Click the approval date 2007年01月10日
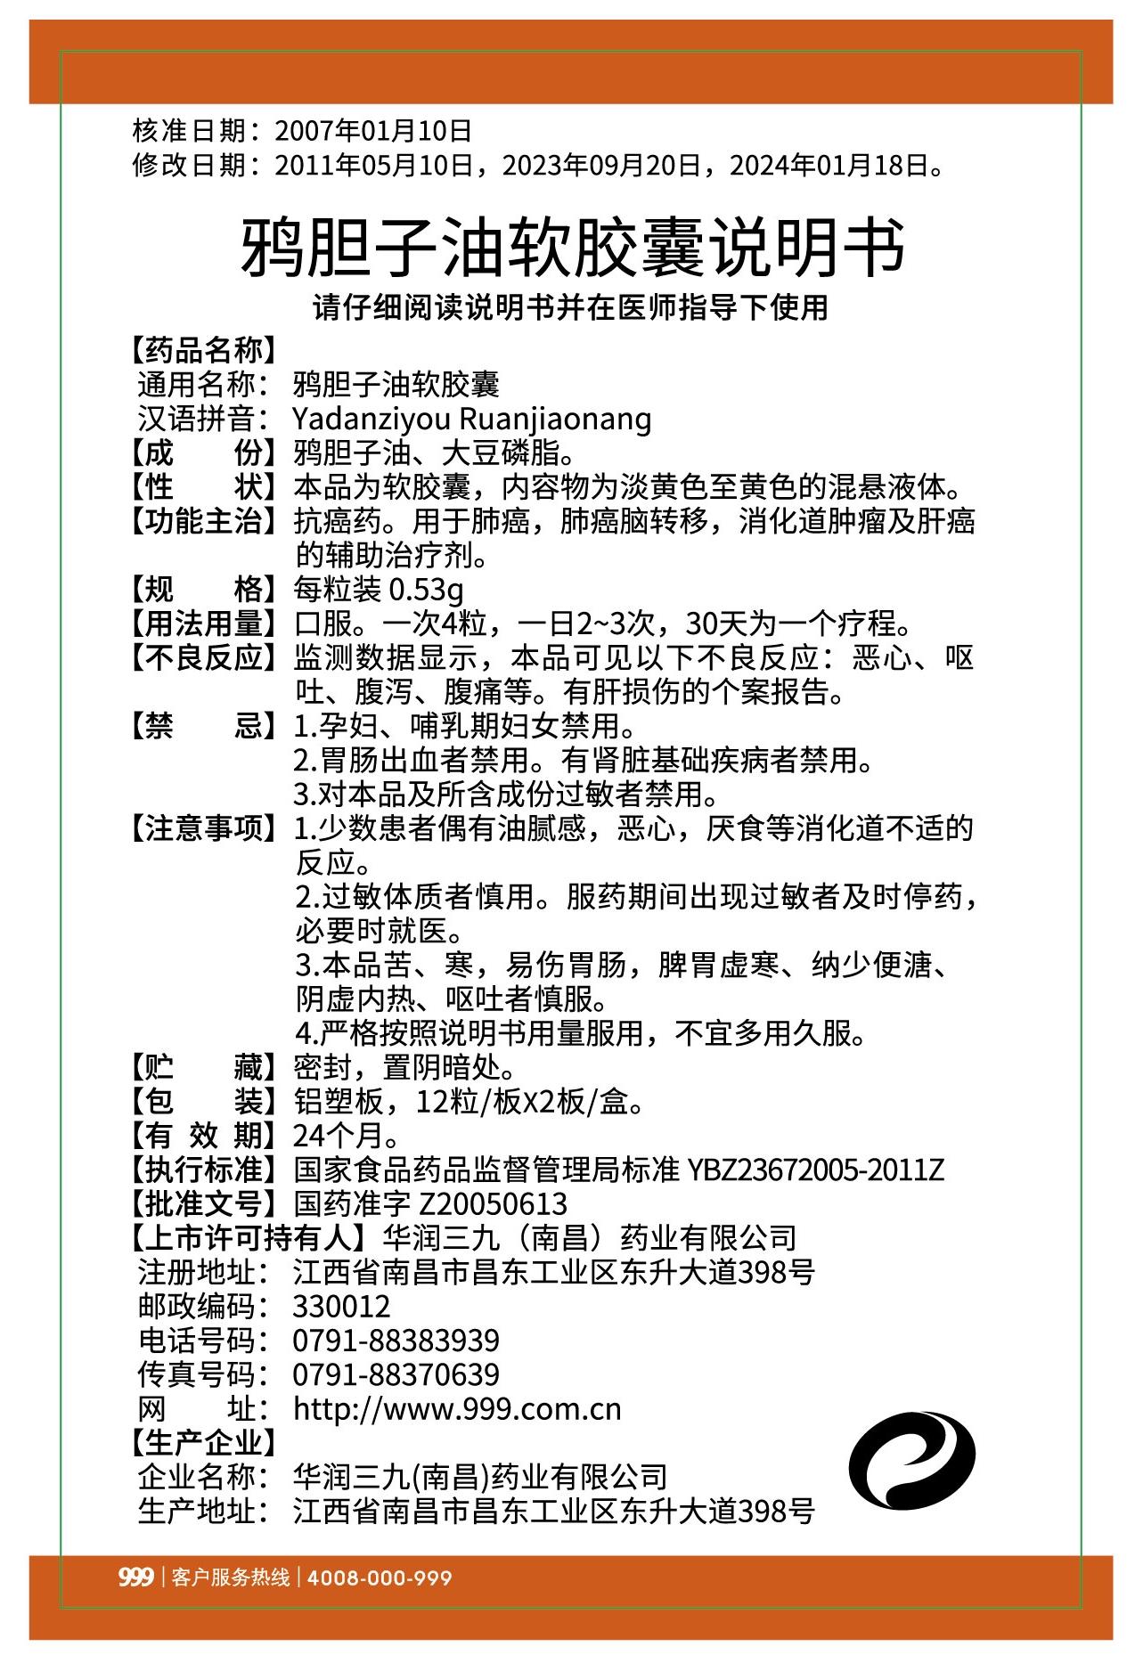click(372, 131)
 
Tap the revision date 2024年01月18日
click(830, 166)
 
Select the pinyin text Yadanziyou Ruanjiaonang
click(471, 419)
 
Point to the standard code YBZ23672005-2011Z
click(815, 1170)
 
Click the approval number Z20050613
click(493, 1204)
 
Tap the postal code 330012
click(341, 1307)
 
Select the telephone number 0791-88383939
click(396, 1341)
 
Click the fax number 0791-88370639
click(396, 1374)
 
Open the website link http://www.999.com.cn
click(457, 1409)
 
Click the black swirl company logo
click(910, 1460)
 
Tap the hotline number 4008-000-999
click(380, 1577)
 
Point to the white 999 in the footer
click(135, 1577)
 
